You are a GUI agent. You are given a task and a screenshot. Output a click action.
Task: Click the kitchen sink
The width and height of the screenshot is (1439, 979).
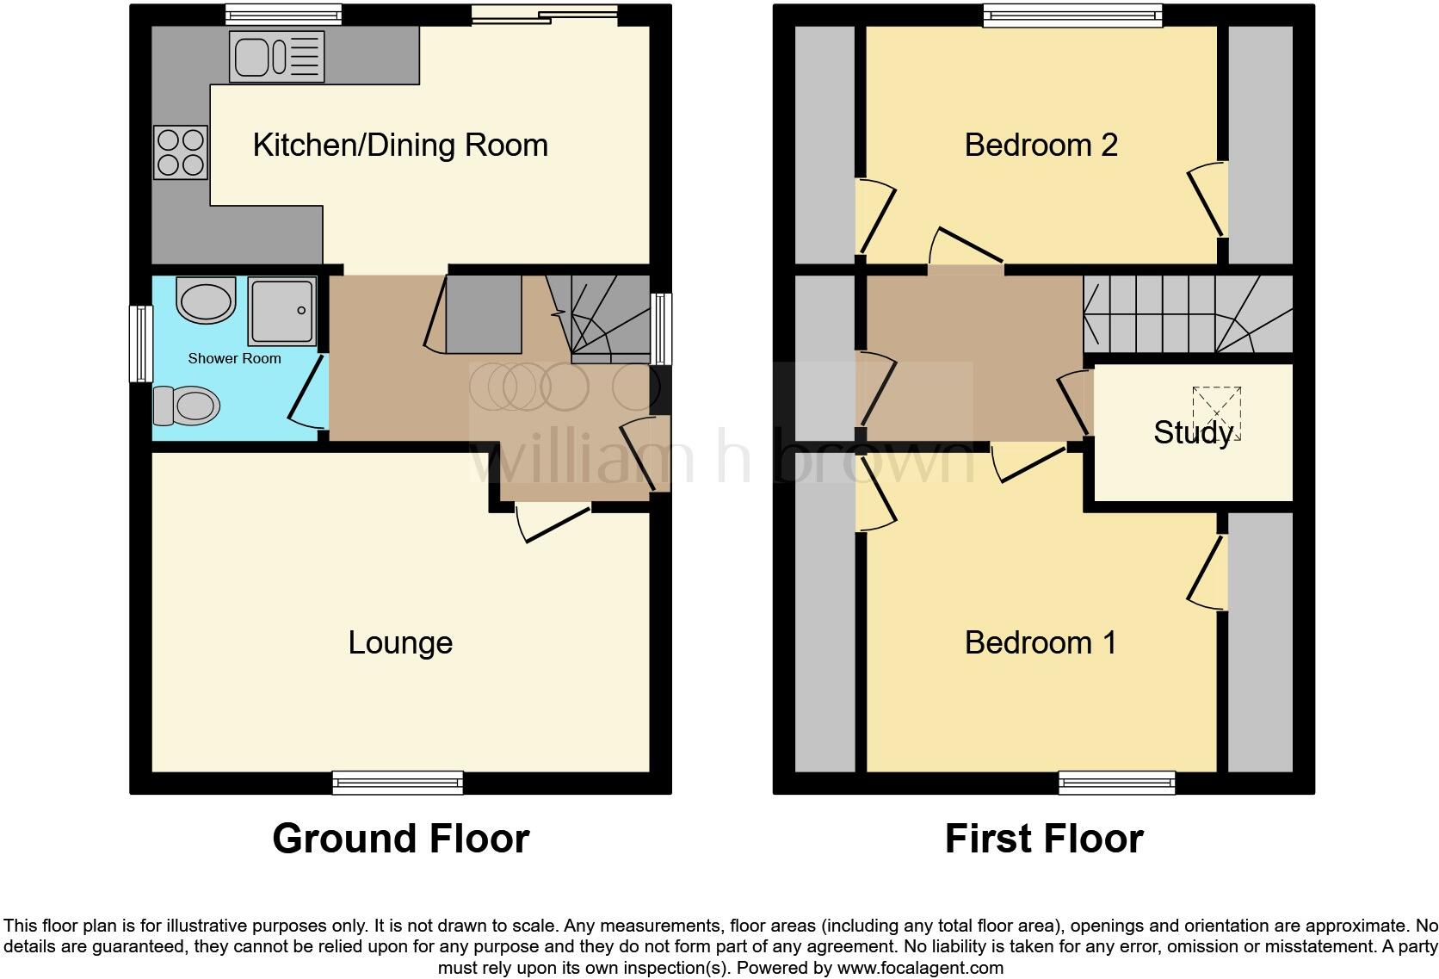coord(276,58)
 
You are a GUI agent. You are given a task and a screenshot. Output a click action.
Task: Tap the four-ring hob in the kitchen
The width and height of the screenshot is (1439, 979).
coord(181,152)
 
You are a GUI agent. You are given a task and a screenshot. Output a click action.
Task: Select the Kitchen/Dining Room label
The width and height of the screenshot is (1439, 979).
coord(400,146)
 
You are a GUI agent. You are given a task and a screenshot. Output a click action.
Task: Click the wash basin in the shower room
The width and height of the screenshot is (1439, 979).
coord(206,301)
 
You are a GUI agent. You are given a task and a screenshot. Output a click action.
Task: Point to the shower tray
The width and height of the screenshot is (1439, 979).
coord(281,310)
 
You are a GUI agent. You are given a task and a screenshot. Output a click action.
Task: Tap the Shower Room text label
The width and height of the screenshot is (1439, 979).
coord(234,358)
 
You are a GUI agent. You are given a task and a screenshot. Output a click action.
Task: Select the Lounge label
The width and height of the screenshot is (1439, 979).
coord(400,643)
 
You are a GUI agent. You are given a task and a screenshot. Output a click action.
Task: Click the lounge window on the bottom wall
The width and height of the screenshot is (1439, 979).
coord(398,782)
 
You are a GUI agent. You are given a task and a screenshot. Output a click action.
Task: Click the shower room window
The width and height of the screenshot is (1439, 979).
coord(141,344)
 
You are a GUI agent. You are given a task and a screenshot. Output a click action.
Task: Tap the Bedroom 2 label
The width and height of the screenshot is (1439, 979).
coord(1041,146)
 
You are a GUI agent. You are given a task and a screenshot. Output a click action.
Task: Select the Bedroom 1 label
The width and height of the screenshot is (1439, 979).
coord(1041,643)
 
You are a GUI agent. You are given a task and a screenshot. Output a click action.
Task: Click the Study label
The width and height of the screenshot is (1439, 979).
coord(1193,432)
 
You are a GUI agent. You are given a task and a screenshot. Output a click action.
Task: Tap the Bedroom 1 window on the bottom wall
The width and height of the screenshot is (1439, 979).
coord(1116,782)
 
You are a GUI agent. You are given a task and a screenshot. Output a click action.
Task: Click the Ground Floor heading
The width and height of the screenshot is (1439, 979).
coord(400,839)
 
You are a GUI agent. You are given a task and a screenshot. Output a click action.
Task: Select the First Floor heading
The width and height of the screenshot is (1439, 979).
coord(1043,839)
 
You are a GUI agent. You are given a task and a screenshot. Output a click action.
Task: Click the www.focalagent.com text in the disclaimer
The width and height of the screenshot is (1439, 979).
coord(919,968)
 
